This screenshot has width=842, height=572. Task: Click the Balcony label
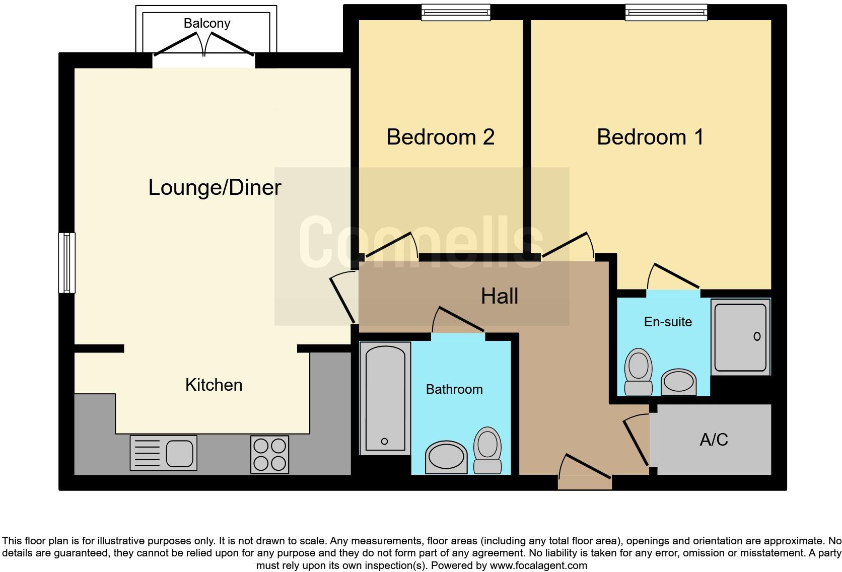click(206, 23)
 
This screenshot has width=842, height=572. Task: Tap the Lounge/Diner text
click(215, 187)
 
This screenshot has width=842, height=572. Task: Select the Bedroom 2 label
click(440, 137)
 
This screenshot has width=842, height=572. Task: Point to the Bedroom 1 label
click(650, 137)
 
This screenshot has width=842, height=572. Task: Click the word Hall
click(499, 296)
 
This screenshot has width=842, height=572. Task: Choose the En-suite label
click(668, 322)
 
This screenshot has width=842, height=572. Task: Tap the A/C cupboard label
click(714, 440)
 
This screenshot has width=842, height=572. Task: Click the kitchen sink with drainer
click(163, 453)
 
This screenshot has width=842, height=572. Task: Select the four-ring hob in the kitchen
click(269, 454)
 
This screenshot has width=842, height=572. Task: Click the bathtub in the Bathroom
click(385, 398)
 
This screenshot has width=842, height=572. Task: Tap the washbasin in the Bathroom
click(446, 457)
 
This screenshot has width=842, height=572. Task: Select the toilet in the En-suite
click(638, 371)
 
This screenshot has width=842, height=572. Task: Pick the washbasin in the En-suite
click(678, 383)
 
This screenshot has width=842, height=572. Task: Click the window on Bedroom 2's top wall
click(455, 12)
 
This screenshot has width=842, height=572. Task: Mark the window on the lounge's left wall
click(66, 262)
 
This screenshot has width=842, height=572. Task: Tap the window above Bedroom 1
click(666, 12)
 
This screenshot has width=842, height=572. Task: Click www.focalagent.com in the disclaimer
click(538, 565)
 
